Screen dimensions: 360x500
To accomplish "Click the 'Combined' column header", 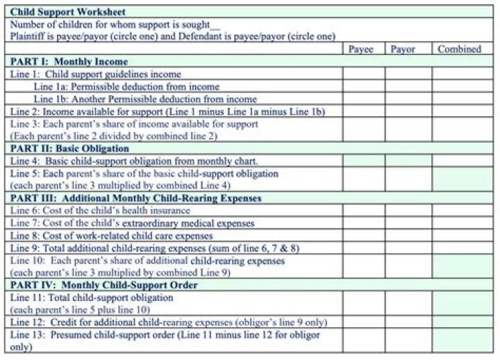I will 459,49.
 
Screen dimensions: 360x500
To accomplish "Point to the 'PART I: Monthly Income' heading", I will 60,62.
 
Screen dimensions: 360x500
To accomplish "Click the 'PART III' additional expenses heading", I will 136,198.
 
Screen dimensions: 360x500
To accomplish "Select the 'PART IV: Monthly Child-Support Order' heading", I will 104,285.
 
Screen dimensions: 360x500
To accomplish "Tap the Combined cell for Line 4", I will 459,161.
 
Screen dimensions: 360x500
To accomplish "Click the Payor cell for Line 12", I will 403,322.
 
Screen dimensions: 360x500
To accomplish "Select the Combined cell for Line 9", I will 459,248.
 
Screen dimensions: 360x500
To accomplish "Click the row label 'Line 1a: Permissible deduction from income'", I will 126,87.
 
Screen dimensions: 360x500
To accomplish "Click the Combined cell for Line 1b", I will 459,99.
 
